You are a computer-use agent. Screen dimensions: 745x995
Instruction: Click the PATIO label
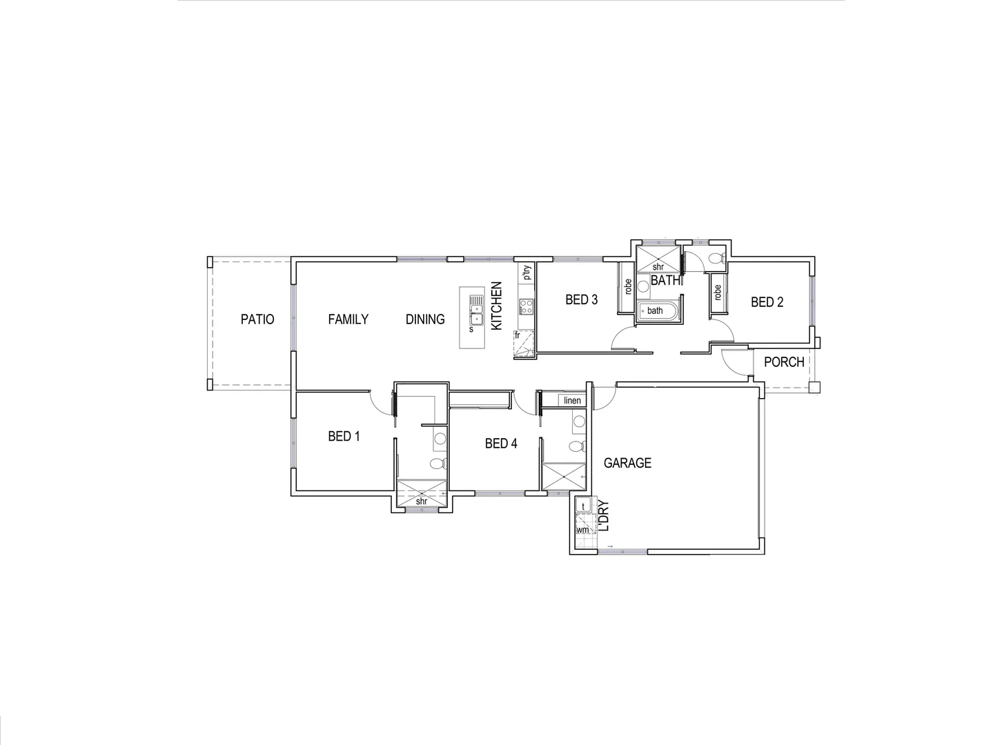coord(257,319)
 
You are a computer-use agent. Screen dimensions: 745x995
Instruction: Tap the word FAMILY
coord(348,319)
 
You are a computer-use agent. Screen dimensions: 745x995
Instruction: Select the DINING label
coord(425,319)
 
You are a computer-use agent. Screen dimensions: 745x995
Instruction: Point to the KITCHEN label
coord(496,306)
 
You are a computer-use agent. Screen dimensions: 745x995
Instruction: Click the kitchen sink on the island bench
coord(475,310)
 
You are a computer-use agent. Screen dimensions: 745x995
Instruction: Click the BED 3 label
coord(581,299)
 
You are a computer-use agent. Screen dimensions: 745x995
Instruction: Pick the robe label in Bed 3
coord(628,286)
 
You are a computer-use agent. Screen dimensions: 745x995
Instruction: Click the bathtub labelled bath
coord(656,310)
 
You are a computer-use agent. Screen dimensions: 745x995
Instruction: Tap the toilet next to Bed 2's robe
coord(715,259)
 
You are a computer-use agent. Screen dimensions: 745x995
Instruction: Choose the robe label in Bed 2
coord(718,292)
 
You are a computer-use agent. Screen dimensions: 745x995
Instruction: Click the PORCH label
coord(784,361)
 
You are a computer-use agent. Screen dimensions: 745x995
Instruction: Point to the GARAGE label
coord(627,463)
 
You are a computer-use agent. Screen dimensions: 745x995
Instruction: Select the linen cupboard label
coord(572,401)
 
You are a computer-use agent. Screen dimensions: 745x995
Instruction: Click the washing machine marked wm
coord(583,530)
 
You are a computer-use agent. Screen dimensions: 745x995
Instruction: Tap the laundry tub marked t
coord(584,506)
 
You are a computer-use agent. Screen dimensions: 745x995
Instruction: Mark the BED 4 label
coord(501,444)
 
